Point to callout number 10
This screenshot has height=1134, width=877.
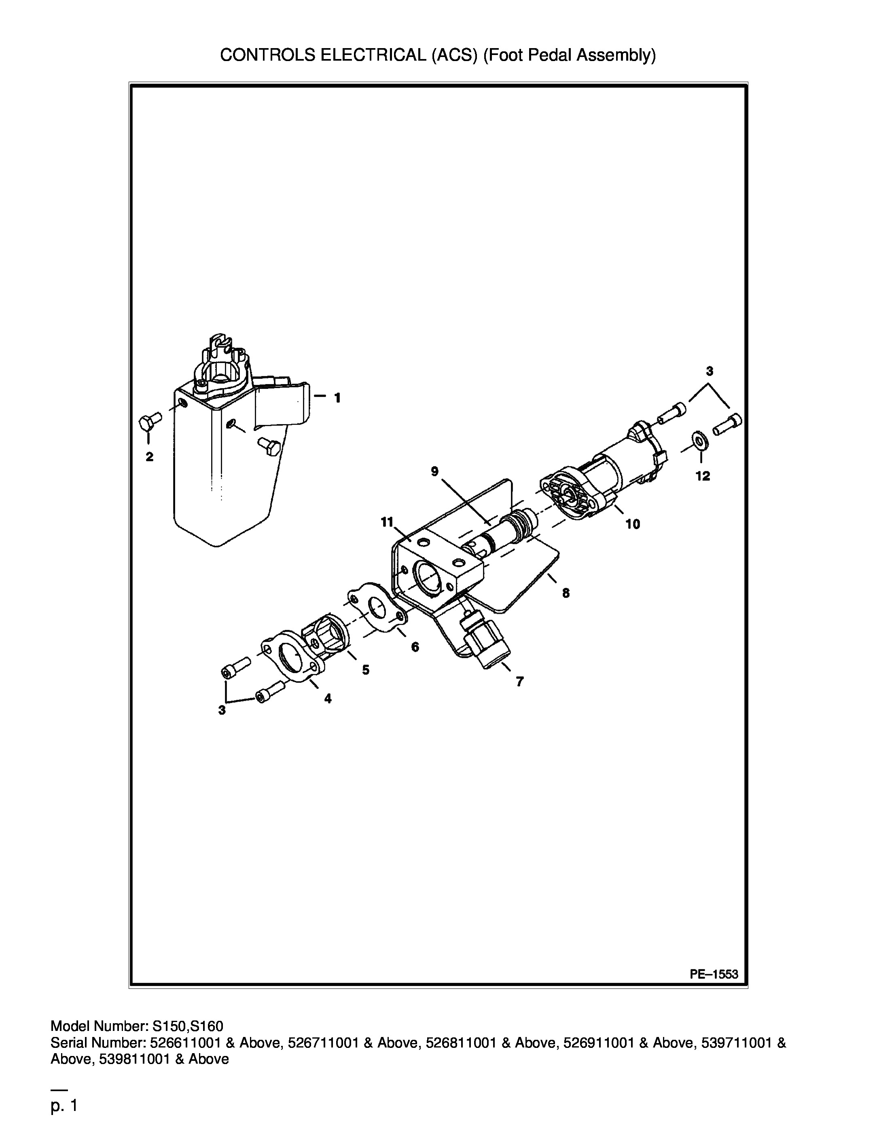(632, 524)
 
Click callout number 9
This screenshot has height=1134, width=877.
(434, 471)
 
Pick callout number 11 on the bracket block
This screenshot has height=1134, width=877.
(388, 522)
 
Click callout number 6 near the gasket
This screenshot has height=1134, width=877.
(415, 647)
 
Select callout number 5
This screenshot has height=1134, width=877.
(366, 670)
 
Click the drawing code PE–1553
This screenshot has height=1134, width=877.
(714, 974)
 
